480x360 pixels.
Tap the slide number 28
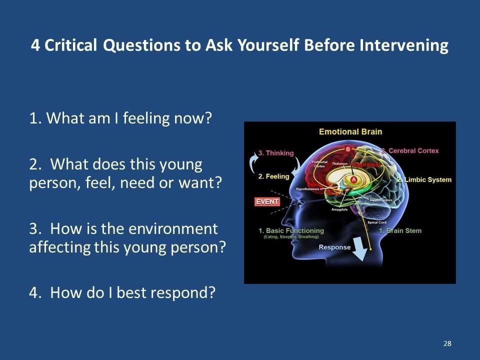(x=447, y=343)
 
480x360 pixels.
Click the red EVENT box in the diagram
(x=267, y=202)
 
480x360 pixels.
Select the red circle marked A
(x=353, y=179)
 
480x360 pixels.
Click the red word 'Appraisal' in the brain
(x=367, y=164)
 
